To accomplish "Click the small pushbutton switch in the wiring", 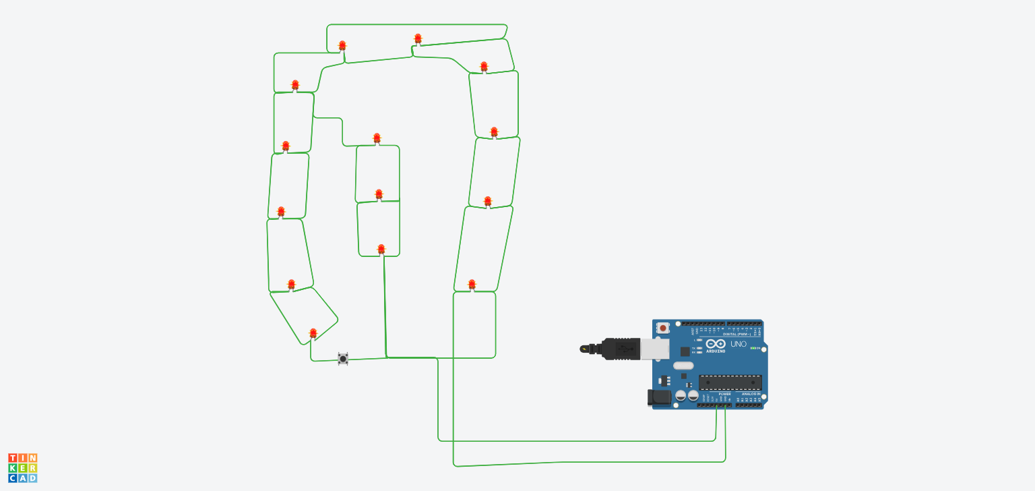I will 343,358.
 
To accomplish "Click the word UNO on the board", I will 739,344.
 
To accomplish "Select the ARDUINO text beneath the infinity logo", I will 716,351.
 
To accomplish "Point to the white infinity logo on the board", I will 716,344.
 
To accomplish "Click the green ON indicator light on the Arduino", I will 753,348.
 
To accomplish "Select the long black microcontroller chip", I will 730,382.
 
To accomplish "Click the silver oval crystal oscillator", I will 683,366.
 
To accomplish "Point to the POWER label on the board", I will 724,394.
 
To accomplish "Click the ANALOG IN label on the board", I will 751,394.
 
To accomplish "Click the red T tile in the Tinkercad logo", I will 13,459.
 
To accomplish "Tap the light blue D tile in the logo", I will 32,478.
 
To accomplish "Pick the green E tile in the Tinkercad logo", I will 22,468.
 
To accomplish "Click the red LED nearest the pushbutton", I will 313,333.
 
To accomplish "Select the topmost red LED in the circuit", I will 418,38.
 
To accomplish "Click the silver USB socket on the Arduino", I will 654,349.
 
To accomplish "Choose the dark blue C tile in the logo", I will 13,478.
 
